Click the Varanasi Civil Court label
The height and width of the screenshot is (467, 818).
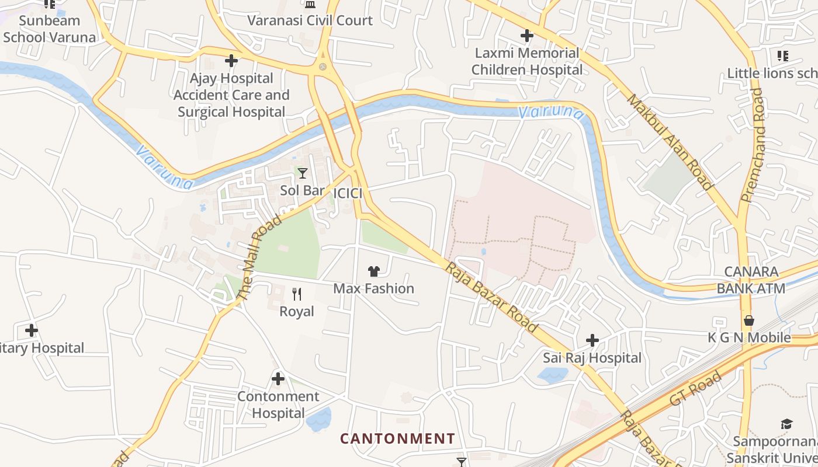pyautogui.click(x=310, y=20)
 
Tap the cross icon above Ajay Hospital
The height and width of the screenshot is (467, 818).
pyautogui.click(x=231, y=60)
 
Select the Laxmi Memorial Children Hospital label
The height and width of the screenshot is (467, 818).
pyautogui.click(x=527, y=61)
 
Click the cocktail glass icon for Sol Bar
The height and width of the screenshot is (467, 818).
pyautogui.click(x=302, y=173)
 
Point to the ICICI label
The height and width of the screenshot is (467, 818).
pyautogui.click(x=348, y=193)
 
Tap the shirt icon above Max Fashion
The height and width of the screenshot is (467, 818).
pyautogui.click(x=374, y=271)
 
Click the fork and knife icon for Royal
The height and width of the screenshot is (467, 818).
pyautogui.click(x=297, y=294)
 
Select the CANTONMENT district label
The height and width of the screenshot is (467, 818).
pyautogui.click(x=397, y=438)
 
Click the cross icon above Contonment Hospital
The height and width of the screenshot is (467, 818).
pyautogui.click(x=278, y=379)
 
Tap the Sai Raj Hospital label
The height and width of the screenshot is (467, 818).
pyautogui.click(x=592, y=358)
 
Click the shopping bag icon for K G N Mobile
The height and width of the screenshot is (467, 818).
pyautogui.click(x=748, y=320)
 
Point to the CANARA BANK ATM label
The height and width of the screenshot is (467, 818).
pyautogui.click(x=751, y=280)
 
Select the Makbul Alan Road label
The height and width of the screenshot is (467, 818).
pyautogui.click(x=670, y=142)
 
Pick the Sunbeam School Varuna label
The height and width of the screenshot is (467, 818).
pyautogui.click(x=49, y=29)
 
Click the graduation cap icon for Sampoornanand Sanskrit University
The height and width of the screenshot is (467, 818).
pyautogui.click(x=787, y=424)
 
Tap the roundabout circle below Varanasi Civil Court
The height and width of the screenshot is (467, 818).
pyautogui.click(x=323, y=67)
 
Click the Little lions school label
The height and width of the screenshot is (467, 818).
pyautogui.click(x=771, y=73)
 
